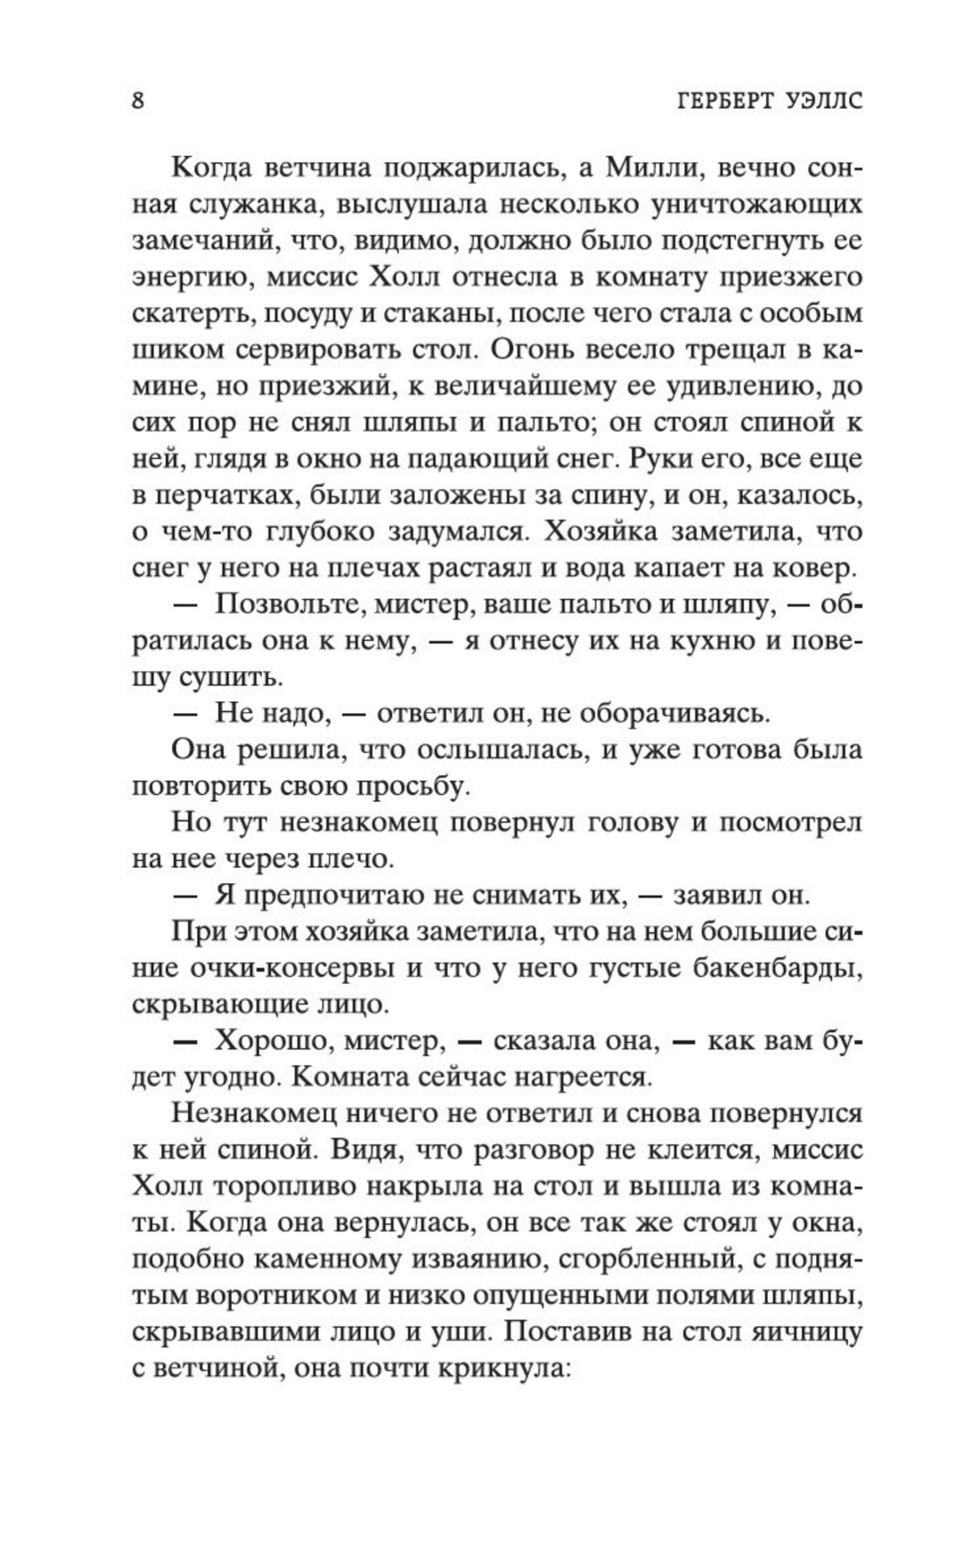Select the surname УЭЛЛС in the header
click(x=822, y=101)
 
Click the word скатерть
click(x=183, y=315)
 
